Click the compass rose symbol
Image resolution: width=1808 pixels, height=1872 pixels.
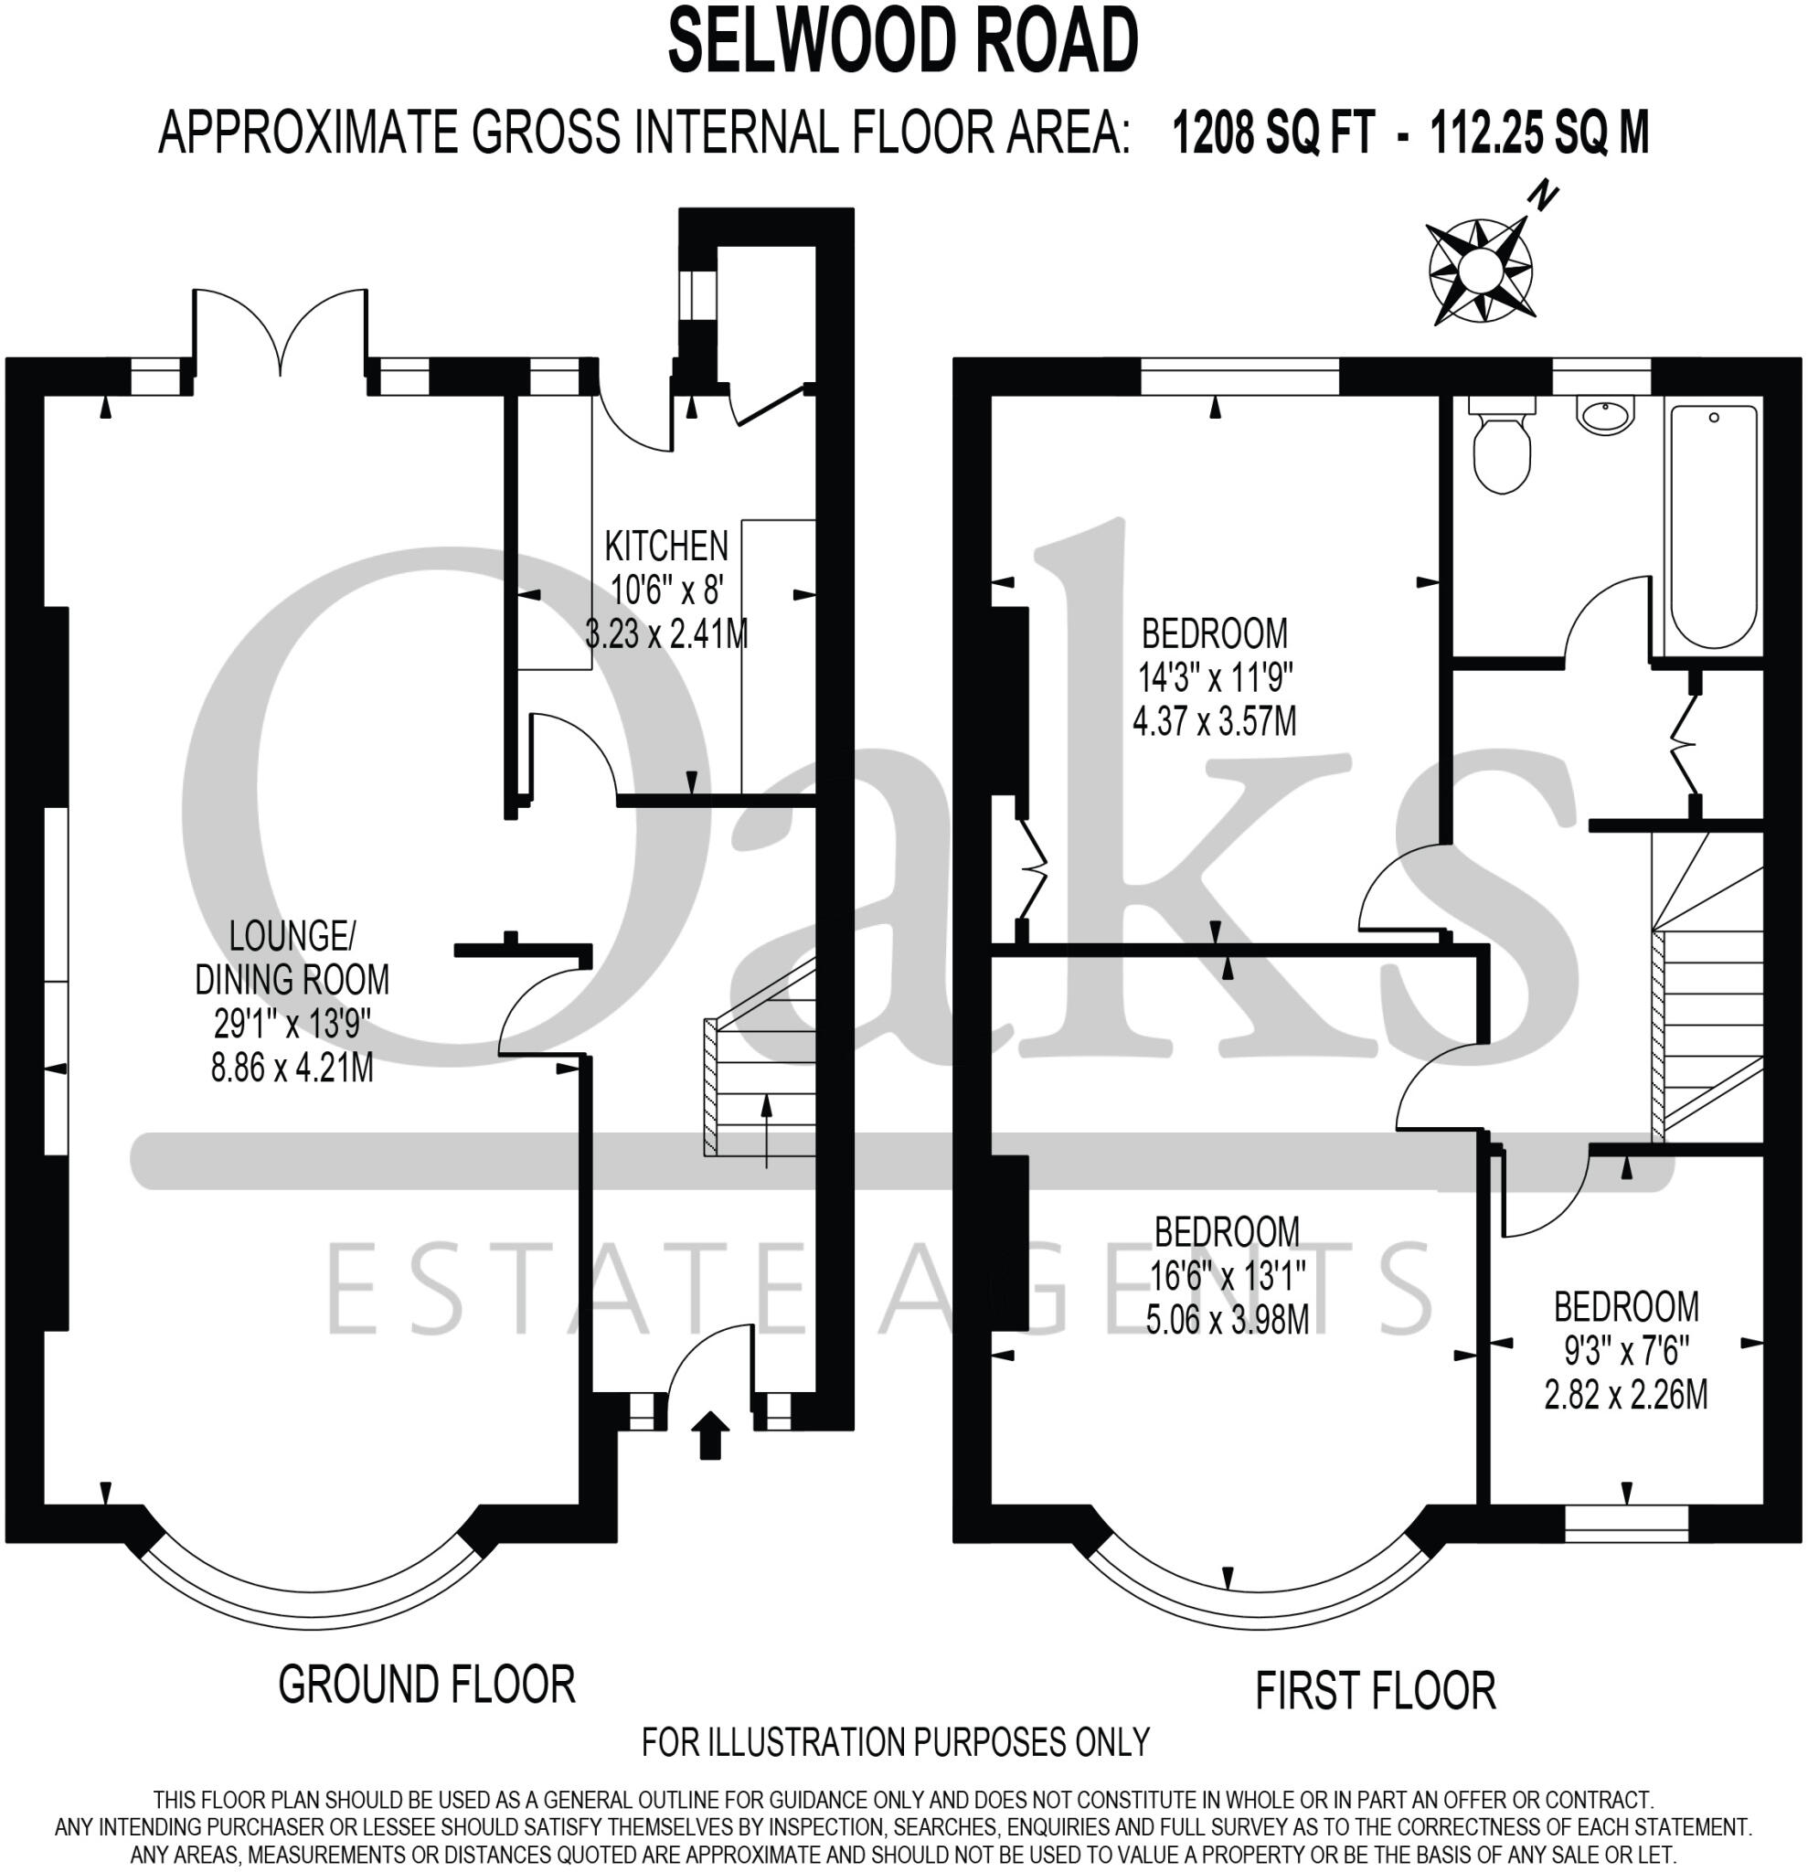tap(1480, 271)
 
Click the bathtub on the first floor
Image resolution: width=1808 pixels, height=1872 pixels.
tap(1714, 526)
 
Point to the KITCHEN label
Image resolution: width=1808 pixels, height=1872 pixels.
tap(665, 547)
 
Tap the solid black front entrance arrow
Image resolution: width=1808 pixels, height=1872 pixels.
tap(709, 1435)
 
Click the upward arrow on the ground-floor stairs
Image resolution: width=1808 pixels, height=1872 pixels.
tap(766, 1132)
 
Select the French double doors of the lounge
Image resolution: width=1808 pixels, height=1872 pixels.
tap(281, 335)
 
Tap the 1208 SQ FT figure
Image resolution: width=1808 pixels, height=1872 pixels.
tap(1273, 133)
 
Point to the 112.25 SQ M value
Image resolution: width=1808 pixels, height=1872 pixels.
tap(1538, 133)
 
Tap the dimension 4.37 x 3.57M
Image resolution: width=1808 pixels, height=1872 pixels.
tap(1214, 721)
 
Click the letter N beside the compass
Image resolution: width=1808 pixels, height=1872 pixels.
tap(1544, 198)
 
